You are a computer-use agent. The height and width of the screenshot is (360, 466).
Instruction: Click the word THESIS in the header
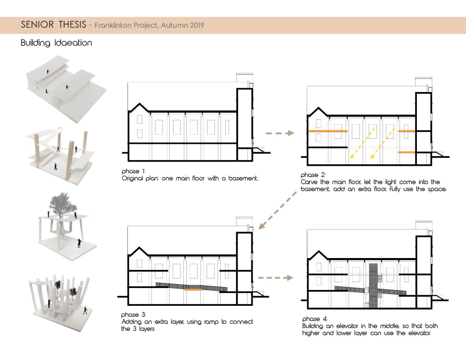[x=72, y=25]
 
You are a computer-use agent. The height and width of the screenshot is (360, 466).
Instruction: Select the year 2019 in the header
[x=197, y=25]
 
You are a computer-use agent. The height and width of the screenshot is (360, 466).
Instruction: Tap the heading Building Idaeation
[x=56, y=43]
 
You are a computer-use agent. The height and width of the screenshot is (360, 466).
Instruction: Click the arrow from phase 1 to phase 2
[x=280, y=133]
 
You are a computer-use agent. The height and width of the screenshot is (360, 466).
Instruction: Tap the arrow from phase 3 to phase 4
[x=275, y=278]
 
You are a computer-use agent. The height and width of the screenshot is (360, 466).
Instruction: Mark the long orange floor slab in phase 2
[x=328, y=131]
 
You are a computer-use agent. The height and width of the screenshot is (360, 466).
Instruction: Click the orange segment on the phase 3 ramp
[x=193, y=289]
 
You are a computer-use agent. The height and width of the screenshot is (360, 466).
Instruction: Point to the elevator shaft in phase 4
[x=373, y=285]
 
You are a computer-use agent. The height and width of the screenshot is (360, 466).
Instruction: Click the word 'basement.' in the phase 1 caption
[x=243, y=178]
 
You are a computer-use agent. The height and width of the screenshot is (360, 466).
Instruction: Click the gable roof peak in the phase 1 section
[x=139, y=104]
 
